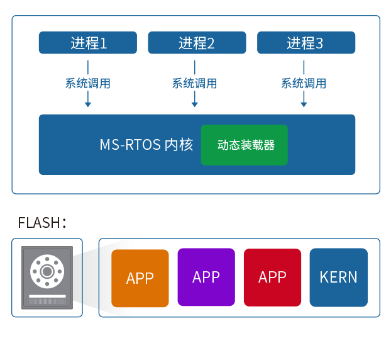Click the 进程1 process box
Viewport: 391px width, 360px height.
[x=88, y=43]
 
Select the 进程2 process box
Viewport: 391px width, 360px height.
[x=197, y=43]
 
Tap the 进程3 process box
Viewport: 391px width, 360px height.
[x=306, y=43]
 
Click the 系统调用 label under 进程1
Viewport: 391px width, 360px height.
[x=88, y=83]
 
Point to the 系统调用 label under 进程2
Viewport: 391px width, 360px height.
[x=194, y=83]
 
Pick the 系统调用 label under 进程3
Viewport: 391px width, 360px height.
[x=304, y=83]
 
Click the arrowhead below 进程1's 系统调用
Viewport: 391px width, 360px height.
[x=88, y=103]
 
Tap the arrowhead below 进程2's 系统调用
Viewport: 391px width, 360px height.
[x=195, y=103]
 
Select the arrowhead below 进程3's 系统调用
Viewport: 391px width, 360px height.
[x=304, y=103]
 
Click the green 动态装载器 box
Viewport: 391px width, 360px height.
[x=244, y=145]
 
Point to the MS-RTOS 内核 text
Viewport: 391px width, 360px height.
[x=146, y=145]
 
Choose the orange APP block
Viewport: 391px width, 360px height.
[x=140, y=278]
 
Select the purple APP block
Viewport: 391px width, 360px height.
[x=206, y=277]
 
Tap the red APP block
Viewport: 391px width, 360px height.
[x=272, y=277]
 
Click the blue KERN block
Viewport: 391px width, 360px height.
[x=338, y=277]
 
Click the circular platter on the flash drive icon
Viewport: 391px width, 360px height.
[x=47, y=271]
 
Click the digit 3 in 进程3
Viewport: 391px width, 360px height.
[x=319, y=43]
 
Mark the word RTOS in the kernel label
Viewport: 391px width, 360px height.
[x=143, y=145]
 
